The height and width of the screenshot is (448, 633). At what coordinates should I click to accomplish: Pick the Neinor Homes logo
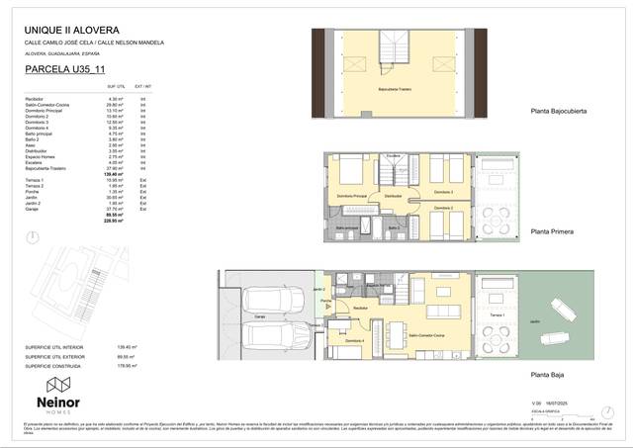point(62,390)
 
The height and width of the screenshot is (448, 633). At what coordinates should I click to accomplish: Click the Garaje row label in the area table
point(32,209)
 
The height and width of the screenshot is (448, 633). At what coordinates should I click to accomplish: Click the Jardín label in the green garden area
point(534,321)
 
